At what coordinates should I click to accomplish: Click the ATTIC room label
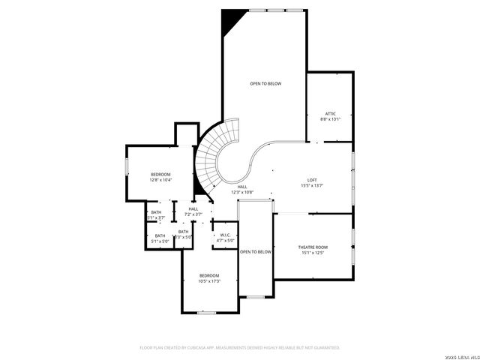pyautogui.click(x=331, y=113)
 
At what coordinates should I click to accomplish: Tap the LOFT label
pyautogui.click(x=313, y=180)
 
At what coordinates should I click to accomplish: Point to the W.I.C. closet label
pyautogui.click(x=226, y=235)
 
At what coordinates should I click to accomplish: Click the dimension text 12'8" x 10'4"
pyautogui.click(x=160, y=180)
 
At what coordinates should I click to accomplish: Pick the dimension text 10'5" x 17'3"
pyautogui.click(x=209, y=281)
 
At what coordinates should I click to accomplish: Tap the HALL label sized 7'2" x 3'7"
pyautogui.click(x=193, y=209)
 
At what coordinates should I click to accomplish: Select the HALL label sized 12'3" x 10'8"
pyautogui.click(x=242, y=187)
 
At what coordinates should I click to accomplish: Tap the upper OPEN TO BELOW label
pyautogui.click(x=265, y=83)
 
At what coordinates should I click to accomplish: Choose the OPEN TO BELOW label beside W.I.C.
pyautogui.click(x=255, y=252)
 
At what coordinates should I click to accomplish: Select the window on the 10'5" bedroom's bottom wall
pyautogui.click(x=207, y=311)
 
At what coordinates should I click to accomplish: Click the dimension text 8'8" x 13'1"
pyautogui.click(x=331, y=119)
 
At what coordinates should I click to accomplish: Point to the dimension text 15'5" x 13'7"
pyautogui.click(x=313, y=186)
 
